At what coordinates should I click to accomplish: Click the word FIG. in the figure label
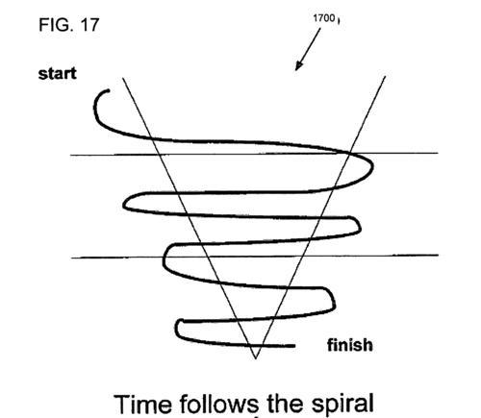[x=55, y=25]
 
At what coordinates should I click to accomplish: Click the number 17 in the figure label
[x=89, y=25]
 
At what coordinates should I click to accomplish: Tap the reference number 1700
[x=324, y=18]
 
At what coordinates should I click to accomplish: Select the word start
[x=58, y=74]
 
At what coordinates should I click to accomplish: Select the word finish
[x=350, y=345]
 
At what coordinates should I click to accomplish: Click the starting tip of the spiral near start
[x=109, y=90]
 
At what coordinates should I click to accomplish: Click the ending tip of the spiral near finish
[x=293, y=346]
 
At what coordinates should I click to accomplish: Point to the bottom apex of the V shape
[x=256, y=358]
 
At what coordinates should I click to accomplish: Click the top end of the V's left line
[x=123, y=78]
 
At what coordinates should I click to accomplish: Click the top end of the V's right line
[x=385, y=76]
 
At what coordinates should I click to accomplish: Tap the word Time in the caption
[x=142, y=404]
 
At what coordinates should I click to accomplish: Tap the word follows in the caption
[x=219, y=404]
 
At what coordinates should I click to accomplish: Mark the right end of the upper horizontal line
[x=438, y=153]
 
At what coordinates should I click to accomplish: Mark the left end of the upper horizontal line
[x=71, y=155]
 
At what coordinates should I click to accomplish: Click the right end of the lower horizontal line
[x=438, y=255]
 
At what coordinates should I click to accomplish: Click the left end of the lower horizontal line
[x=71, y=258]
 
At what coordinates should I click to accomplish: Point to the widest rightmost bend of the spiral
[x=372, y=166]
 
